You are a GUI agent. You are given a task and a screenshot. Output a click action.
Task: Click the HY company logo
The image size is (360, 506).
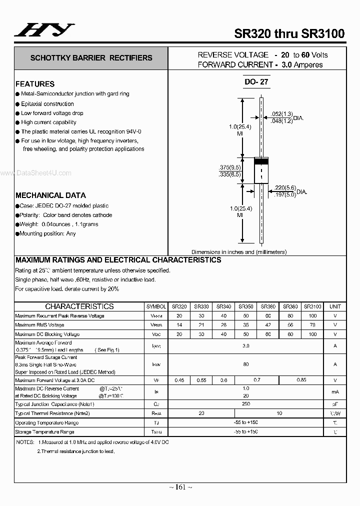point(44,30)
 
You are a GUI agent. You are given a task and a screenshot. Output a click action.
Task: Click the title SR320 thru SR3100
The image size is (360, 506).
point(289,34)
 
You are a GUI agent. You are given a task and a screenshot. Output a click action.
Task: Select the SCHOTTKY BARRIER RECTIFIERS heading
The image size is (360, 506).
point(91,58)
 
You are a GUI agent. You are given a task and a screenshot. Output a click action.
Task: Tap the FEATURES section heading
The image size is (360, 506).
point(35,84)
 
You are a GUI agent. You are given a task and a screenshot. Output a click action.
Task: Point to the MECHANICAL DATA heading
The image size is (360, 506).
point(50,195)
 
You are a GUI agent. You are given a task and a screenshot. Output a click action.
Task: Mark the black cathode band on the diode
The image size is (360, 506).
point(261,161)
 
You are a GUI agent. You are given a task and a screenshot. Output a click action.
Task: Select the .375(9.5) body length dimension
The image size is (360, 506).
point(230,167)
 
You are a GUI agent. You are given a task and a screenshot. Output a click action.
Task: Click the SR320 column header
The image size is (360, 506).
point(179,306)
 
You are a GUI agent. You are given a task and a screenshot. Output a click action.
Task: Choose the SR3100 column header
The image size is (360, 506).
point(312,306)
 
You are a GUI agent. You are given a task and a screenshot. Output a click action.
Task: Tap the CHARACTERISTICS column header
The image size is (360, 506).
point(79,306)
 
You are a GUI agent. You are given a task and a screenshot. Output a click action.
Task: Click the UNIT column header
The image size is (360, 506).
point(335,306)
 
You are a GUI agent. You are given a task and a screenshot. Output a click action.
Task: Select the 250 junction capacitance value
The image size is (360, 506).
point(245,404)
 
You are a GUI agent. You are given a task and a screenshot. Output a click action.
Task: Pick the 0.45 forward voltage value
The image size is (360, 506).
point(179,380)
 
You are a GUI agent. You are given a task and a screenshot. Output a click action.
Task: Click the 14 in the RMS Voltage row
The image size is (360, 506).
point(179,325)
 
